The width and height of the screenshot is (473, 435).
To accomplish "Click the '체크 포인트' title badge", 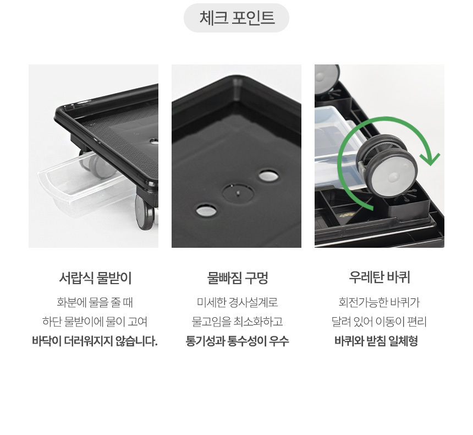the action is point(236,18).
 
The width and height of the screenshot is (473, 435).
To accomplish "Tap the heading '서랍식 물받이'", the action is point(95,278).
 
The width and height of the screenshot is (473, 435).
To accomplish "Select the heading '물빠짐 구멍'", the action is point(238,278).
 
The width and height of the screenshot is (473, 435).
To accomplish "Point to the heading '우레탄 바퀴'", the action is point(379,277).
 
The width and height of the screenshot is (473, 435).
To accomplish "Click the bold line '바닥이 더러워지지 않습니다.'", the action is point(95,341).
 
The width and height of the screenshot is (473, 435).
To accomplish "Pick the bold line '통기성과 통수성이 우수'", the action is point(237,341).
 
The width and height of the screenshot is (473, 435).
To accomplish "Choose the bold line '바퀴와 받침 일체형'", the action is point(376,341).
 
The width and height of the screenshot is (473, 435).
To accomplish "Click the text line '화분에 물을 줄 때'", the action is point(95,302).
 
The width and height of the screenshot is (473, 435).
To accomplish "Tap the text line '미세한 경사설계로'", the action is point(237,302).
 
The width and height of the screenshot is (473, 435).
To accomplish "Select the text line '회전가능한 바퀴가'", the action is point(379,302).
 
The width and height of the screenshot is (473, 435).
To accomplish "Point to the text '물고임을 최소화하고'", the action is point(237,322).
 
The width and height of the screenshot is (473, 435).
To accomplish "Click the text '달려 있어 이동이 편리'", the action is point(379,322).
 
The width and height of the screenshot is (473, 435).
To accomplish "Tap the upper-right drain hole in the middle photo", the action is point(268,176).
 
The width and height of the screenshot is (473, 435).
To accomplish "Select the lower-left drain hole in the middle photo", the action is point(206,210).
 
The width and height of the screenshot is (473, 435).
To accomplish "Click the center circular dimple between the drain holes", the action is point(238,192).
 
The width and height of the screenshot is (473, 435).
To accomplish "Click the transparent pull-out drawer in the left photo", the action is point(85,184).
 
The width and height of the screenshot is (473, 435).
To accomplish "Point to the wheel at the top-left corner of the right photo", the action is point(327,79).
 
